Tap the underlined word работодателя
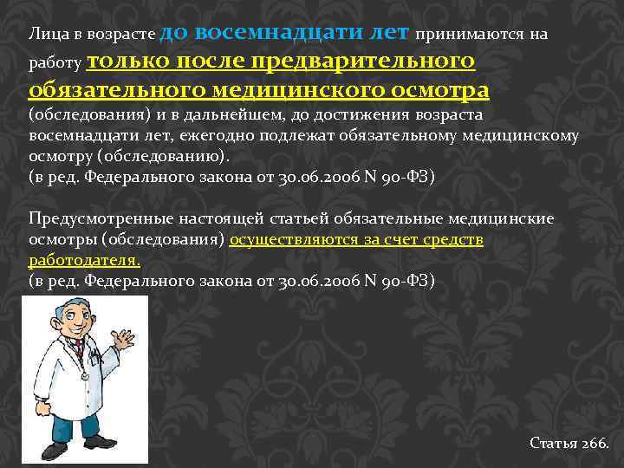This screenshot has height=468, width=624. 83,259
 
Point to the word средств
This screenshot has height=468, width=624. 453,238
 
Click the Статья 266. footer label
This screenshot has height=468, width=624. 569,443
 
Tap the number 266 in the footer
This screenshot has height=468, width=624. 595,443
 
